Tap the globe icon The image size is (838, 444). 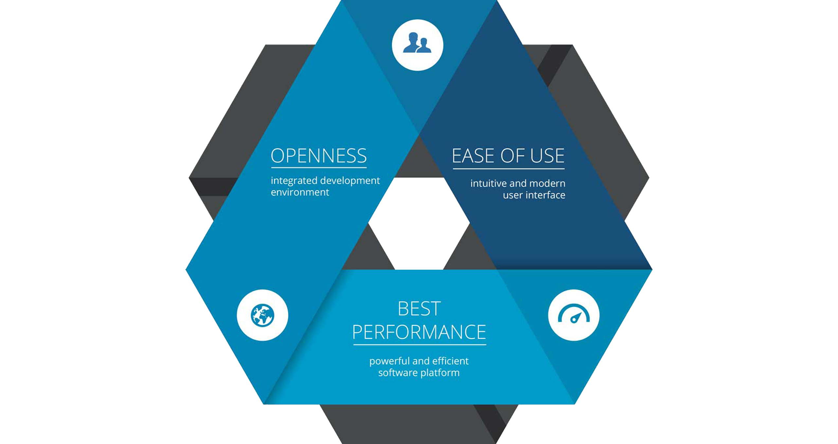(x=262, y=315)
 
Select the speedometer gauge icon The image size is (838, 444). (x=574, y=315)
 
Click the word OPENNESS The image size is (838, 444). (x=319, y=156)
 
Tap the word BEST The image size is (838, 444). (x=419, y=309)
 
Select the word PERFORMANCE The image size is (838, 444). (x=419, y=332)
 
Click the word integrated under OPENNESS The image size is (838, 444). (x=294, y=181)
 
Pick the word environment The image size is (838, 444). (x=300, y=192)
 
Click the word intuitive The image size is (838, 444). (x=486, y=183)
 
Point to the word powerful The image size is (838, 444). (x=389, y=361)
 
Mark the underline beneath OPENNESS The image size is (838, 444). (x=319, y=168)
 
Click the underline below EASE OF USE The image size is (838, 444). (x=508, y=169)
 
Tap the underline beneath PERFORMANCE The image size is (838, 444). (x=419, y=345)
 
